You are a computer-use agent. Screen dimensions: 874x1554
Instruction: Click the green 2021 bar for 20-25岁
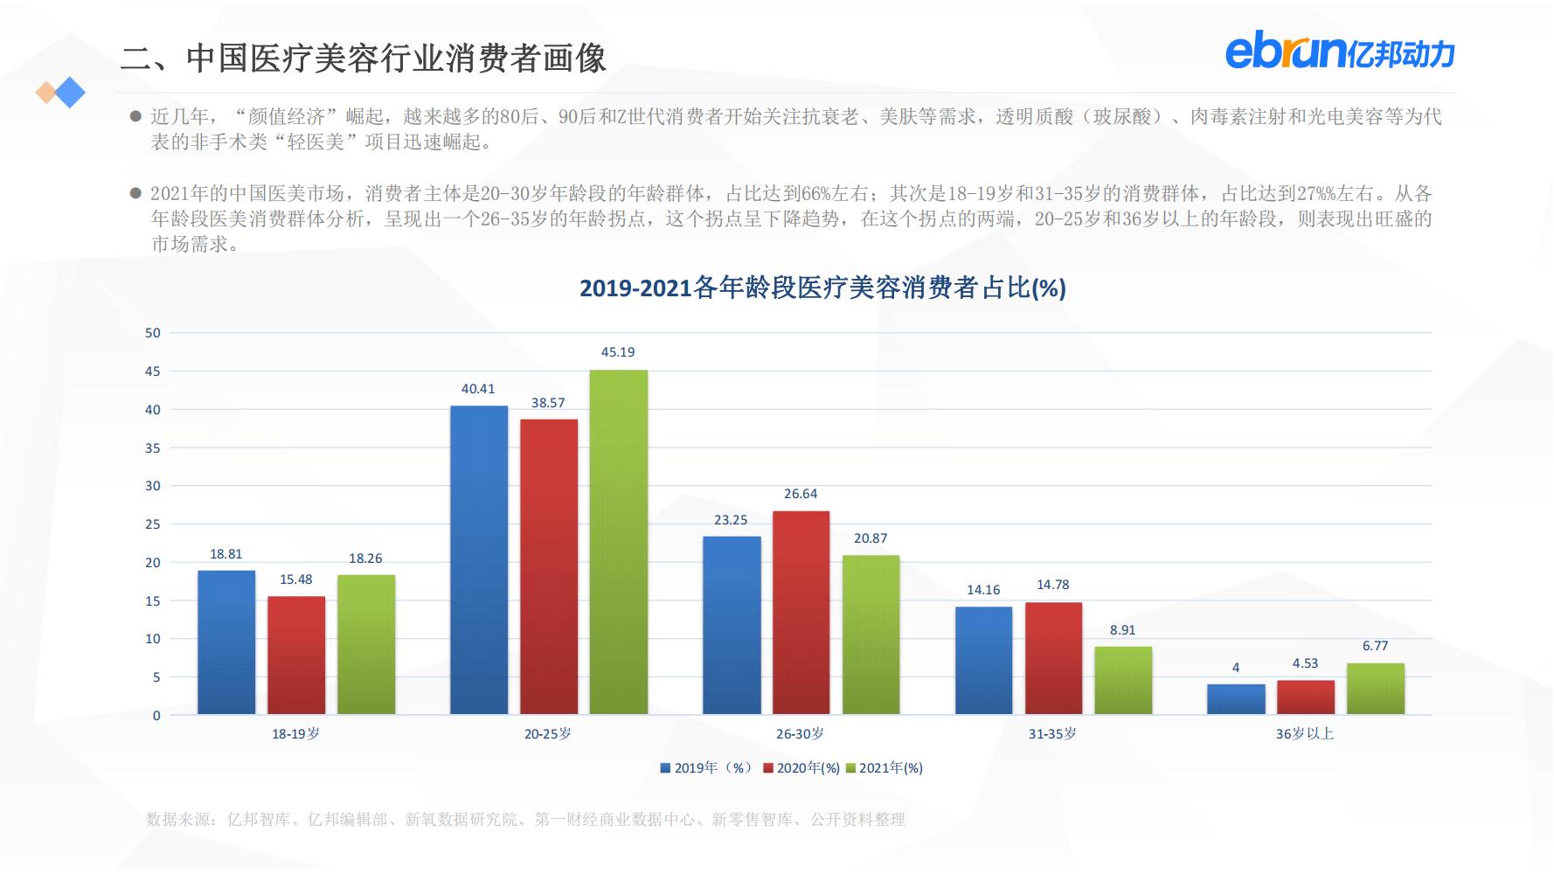coord(618,542)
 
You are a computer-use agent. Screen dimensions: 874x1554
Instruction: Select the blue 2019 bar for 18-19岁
coord(226,642)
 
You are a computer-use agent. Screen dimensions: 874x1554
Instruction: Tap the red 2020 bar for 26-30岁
coord(801,612)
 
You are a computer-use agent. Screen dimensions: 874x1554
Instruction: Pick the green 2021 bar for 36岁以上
coord(1375,689)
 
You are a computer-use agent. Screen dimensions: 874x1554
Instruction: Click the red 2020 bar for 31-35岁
coord(1053,658)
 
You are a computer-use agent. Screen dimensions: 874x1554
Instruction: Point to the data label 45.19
coord(618,352)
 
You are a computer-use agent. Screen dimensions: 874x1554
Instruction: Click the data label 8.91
coord(1122,630)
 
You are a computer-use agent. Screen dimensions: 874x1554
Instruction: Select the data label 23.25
coord(731,520)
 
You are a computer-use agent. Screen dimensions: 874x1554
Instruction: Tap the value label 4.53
coord(1305,663)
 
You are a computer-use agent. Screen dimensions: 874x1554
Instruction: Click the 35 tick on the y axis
coord(153,448)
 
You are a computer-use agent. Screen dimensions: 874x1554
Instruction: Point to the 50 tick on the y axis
coord(153,333)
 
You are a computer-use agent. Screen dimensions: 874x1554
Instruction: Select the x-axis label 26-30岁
coord(800,734)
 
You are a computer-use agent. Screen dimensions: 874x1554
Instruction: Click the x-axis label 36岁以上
coord(1304,734)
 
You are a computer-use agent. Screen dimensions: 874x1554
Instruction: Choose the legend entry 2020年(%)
coord(801,768)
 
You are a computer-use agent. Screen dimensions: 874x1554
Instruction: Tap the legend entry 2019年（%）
coord(706,768)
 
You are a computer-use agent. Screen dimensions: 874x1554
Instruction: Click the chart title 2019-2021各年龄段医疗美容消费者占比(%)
coord(822,288)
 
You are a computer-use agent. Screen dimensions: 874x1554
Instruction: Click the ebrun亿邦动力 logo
coord(1339,52)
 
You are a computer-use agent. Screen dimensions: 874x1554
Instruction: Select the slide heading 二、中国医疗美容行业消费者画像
coord(363,59)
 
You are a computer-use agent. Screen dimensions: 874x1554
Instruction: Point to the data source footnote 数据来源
coord(524,820)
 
